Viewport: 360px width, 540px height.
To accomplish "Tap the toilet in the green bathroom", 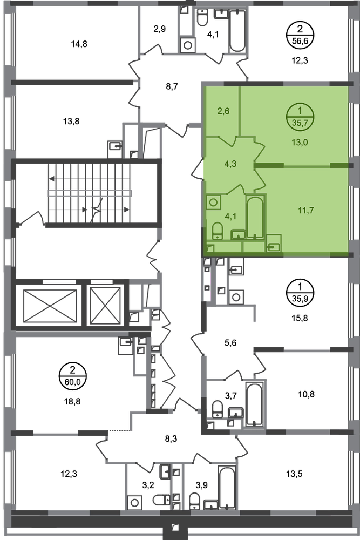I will (x=217, y=231).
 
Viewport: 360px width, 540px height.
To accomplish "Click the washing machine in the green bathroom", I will (x=214, y=203).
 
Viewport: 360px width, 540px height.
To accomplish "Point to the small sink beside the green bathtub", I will (x=237, y=234).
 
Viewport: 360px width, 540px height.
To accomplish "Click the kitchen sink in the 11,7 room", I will (x=274, y=245).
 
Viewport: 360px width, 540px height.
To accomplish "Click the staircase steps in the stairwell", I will (x=89, y=192).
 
